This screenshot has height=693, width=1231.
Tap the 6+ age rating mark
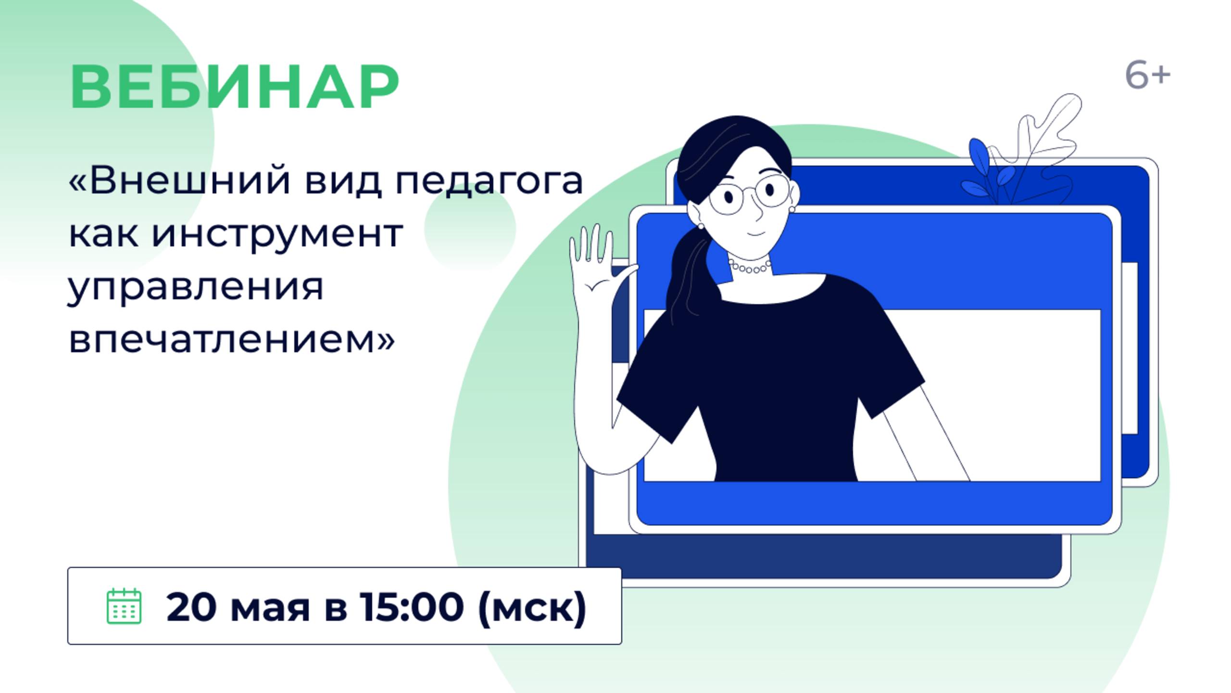click(x=1147, y=76)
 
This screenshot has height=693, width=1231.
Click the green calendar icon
click(x=124, y=606)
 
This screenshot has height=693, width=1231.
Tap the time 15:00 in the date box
click(x=412, y=606)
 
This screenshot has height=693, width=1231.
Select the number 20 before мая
click(x=191, y=606)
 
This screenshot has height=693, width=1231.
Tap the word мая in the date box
click(x=270, y=607)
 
